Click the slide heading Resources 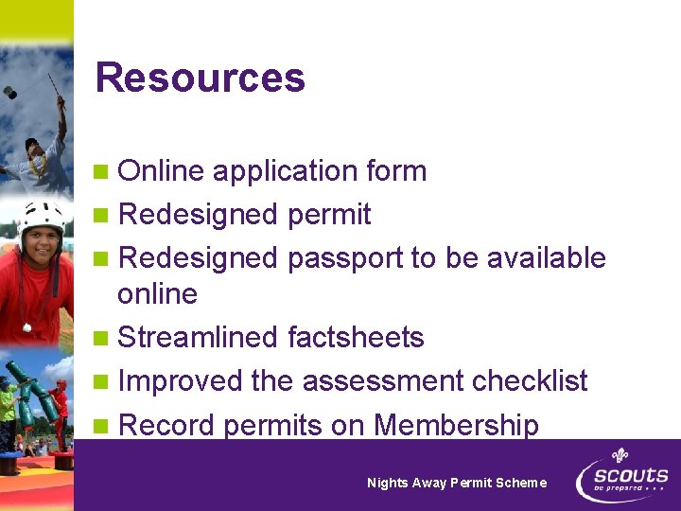(x=200, y=78)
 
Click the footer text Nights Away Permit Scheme (x=456, y=483)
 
